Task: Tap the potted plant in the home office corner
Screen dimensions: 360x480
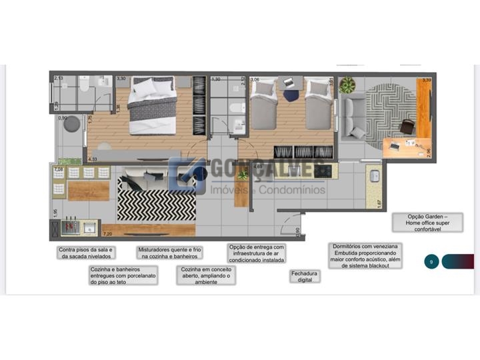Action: [x=347, y=85]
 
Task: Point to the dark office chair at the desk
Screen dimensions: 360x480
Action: [x=407, y=126]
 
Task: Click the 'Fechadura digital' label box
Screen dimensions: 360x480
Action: [x=304, y=276]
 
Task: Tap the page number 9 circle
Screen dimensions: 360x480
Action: [x=431, y=261]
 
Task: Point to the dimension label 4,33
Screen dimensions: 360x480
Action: [x=92, y=159]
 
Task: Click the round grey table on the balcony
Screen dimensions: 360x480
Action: [x=71, y=125]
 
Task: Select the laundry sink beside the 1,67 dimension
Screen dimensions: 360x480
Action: [x=375, y=176]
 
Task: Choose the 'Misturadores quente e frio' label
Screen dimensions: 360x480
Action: [x=169, y=252]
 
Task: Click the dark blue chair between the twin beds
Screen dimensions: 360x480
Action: [x=291, y=94]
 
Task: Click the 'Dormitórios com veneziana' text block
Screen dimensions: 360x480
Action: [x=367, y=255]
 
